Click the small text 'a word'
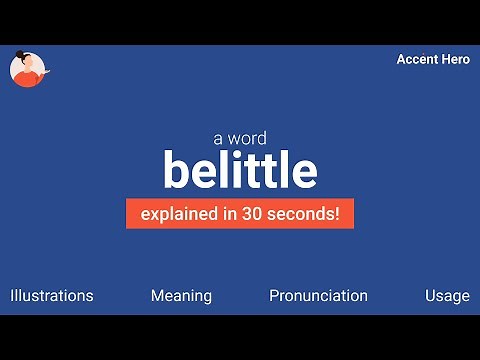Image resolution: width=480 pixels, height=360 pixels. pos(239,139)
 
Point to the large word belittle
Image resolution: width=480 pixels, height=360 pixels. pos(240,171)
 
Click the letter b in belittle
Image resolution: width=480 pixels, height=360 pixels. pos(176,171)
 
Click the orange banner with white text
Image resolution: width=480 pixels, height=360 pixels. pos(240,214)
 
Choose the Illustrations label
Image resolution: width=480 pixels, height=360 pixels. pos(52,296)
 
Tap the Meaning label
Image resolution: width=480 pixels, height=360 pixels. pos(181,296)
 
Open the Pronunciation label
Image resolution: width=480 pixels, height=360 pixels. pos(318,296)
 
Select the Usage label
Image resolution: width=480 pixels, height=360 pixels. pos(446,296)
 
